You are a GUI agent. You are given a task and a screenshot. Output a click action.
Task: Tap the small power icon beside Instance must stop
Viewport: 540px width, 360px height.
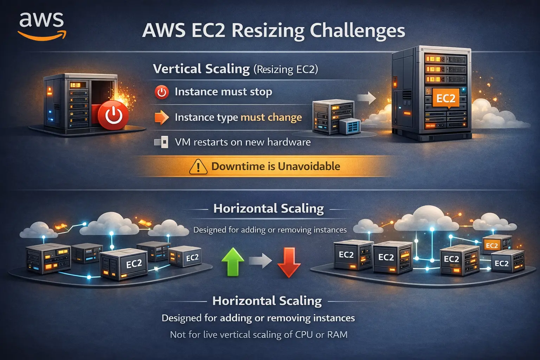162,92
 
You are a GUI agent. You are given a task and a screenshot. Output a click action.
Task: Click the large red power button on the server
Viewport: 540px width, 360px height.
114,115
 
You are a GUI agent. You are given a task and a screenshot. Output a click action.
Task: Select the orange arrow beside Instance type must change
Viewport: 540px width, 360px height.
162,117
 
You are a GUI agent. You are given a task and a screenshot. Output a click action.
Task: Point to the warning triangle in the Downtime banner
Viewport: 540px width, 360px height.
198,167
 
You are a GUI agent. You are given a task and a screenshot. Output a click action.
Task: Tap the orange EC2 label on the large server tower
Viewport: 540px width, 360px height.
445,98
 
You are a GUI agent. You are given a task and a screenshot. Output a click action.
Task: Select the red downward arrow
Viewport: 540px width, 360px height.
289,262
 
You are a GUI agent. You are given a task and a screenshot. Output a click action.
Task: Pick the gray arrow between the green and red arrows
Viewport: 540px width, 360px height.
261,261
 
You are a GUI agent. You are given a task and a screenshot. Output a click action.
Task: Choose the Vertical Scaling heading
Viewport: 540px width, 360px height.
201,69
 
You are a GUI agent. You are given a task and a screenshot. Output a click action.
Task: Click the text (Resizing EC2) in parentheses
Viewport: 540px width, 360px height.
285,69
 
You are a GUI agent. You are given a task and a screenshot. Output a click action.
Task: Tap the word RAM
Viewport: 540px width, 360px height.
337,334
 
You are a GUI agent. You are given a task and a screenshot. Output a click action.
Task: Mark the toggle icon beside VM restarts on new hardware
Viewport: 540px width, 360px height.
161,142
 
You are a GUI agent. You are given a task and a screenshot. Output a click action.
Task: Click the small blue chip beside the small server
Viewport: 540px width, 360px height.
350,126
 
